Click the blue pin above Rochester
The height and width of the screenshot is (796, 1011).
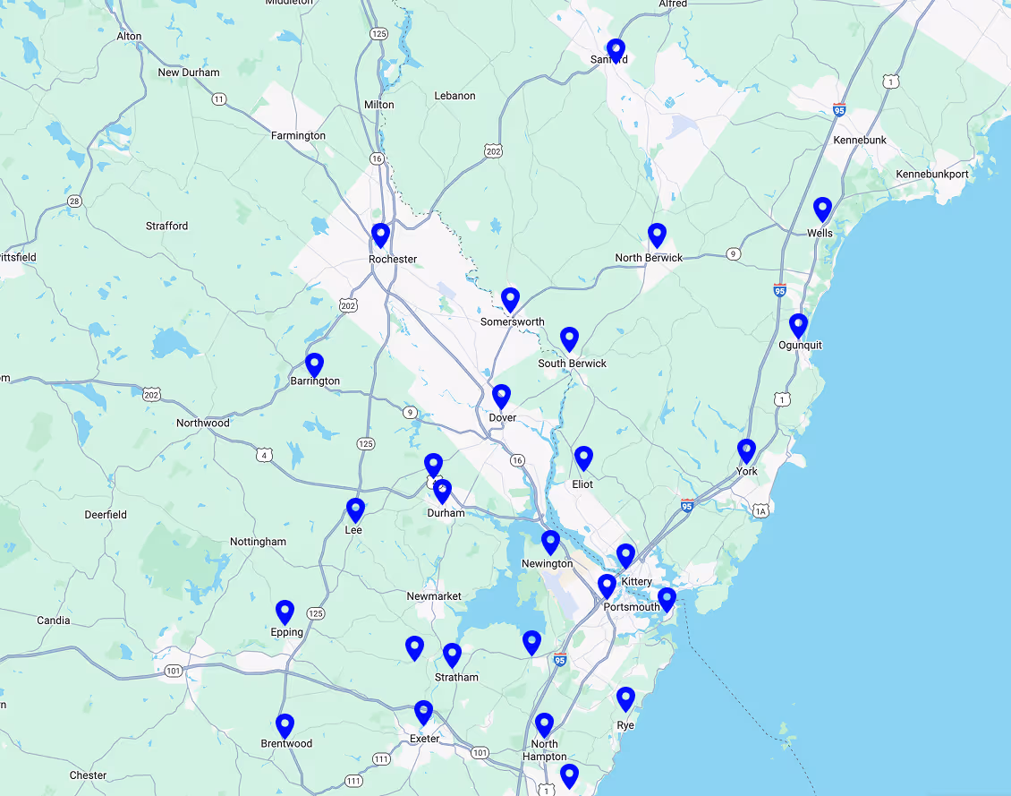380,235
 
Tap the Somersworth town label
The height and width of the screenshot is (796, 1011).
512,321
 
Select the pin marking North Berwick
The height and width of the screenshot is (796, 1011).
657,235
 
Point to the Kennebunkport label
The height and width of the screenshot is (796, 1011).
932,174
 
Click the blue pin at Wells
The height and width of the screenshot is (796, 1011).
822,210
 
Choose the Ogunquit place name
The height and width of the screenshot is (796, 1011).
800,345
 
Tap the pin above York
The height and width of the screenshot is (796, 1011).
746,451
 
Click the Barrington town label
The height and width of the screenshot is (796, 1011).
315,381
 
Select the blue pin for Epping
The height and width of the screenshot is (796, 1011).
285,612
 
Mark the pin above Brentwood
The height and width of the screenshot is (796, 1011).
285,725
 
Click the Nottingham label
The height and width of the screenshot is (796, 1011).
258,542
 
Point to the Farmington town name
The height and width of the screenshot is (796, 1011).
298,136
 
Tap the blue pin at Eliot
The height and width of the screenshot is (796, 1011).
583,458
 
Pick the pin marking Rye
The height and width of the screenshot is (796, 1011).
625,698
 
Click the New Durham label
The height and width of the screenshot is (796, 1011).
188,73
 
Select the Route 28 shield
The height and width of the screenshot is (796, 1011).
74,201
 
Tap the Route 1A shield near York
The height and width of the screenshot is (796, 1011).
760,510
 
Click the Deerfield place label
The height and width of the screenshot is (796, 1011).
106,515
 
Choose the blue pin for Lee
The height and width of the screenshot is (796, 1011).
355,510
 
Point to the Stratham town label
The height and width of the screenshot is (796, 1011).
456,677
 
